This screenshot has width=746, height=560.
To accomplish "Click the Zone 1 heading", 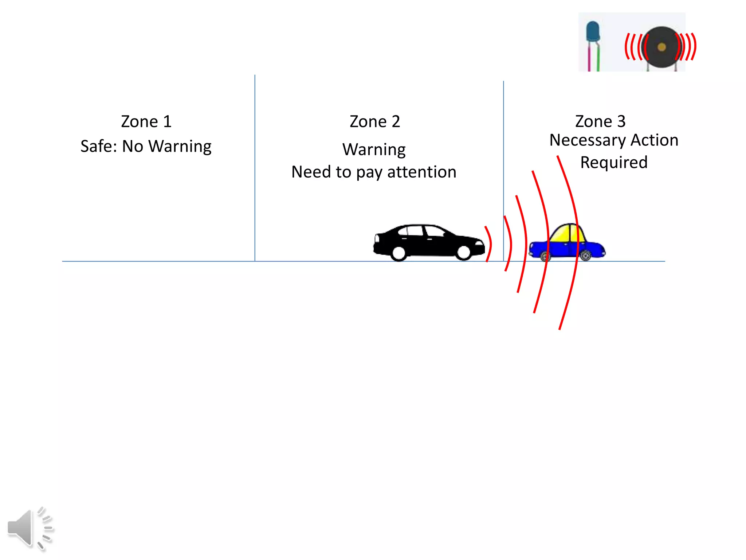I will (x=146, y=121).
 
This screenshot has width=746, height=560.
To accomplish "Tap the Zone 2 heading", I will (x=375, y=121).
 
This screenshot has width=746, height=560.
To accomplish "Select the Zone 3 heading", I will (x=600, y=121).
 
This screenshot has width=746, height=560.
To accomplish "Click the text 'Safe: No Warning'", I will (x=146, y=146).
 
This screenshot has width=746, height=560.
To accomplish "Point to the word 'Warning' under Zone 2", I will (x=374, y=149).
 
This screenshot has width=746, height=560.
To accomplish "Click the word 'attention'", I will (x=421, y=172).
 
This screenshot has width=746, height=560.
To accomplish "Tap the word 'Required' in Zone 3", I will (x=614, y=163).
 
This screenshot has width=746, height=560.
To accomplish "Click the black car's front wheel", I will (x=464, y=252).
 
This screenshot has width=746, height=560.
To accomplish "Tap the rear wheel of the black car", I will (x=399, y=253).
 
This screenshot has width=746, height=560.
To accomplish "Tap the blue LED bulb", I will (x=593, y=31).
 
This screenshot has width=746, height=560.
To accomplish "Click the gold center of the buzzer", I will (x=661, y=47).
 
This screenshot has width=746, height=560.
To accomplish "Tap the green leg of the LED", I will (x=598, y=58).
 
